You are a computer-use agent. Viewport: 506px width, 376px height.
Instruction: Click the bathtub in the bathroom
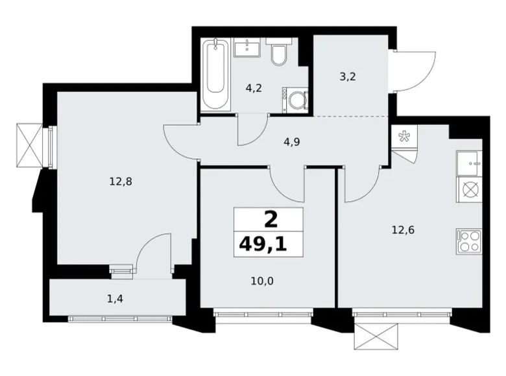coord(215,76)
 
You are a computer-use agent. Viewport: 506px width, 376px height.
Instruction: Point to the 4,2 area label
coord(254,88)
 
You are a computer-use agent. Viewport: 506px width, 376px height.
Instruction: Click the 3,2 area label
coord(348,76)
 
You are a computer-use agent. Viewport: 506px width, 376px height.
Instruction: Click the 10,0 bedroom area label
coord(262,280)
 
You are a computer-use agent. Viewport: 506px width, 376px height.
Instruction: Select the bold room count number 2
coord(270,219)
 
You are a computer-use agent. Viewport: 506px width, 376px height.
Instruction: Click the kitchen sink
coord(468,162)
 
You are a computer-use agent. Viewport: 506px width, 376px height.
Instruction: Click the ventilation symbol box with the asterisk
coord(404,137)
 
